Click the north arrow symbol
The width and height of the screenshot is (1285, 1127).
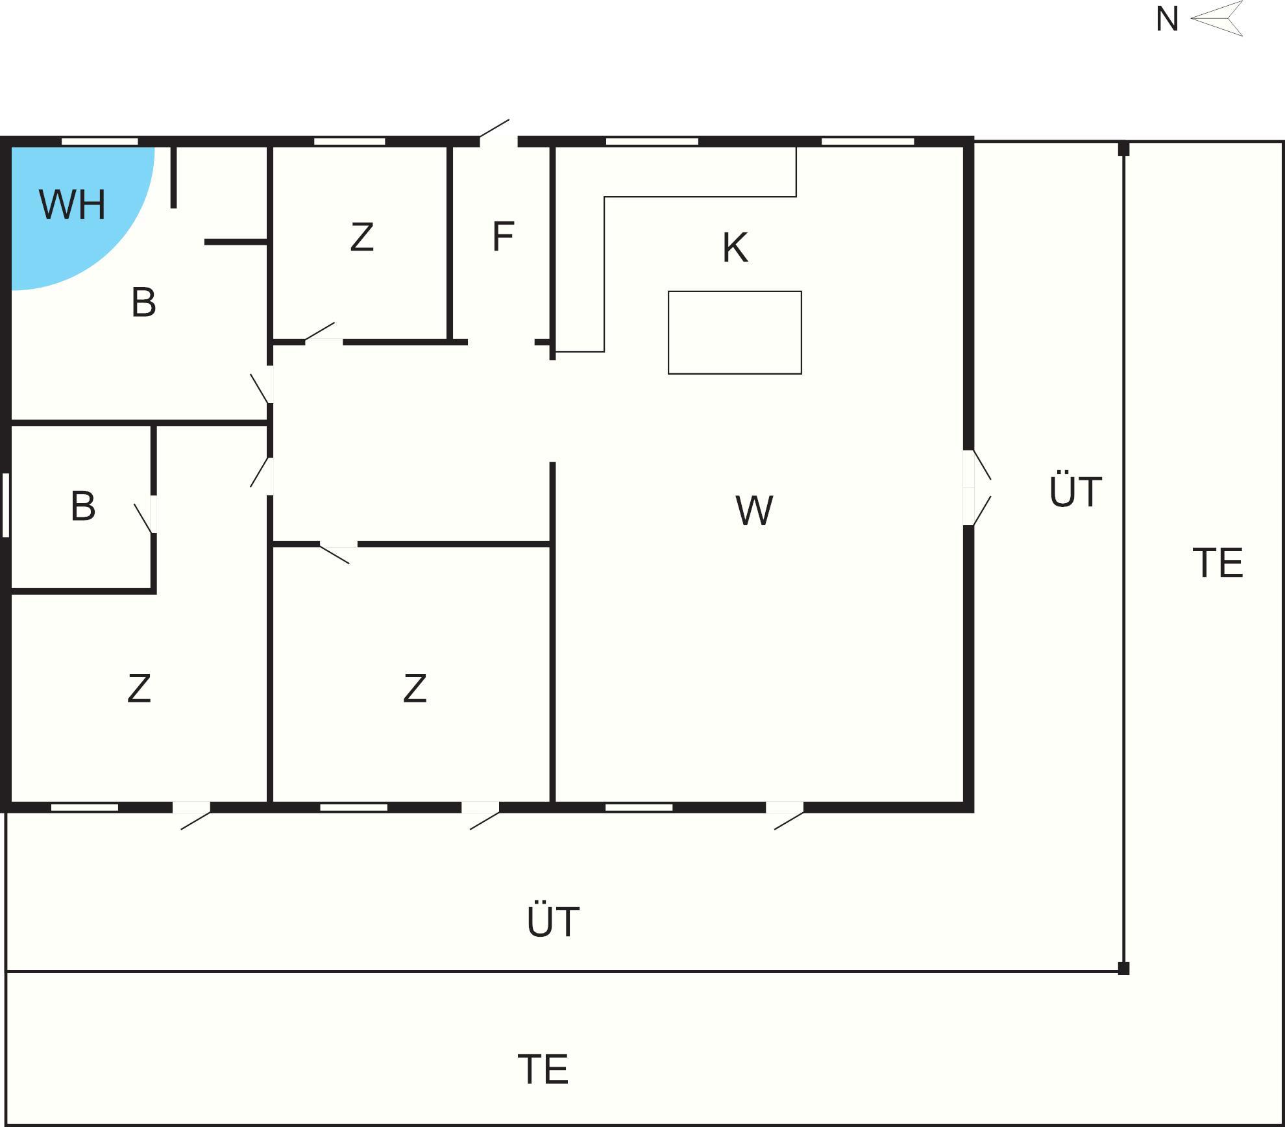[x=1217, y=18]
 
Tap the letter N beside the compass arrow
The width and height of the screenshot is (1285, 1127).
[x=1167, y=19]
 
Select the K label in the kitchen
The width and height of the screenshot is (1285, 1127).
[x=735, y=247]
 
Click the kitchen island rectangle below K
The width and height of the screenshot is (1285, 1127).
[x=735, y=332]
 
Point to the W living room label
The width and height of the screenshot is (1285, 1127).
[x=754, y=510]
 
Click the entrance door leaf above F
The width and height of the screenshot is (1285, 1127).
[x=495, y=129]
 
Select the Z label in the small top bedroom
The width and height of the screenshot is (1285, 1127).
[x=361, y=237]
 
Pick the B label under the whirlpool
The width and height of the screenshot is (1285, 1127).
[x=143, y=302]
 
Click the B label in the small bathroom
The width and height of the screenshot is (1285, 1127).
[x=83, y=506]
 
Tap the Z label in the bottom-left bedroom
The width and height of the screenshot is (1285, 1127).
[x=140, y=688]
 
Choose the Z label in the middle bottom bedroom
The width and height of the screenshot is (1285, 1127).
[x=415, y=688]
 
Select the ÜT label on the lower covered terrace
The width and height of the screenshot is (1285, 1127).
[x=553, y=921]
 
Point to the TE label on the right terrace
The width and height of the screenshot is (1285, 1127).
[x=1218, y=563]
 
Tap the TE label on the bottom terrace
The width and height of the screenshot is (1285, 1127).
[x=543, y=1069]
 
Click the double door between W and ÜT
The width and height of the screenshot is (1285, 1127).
[x=976, y=488]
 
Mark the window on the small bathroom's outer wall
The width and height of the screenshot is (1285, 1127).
[x=6, y=505]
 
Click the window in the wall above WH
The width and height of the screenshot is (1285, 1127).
[x=100, y=142]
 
